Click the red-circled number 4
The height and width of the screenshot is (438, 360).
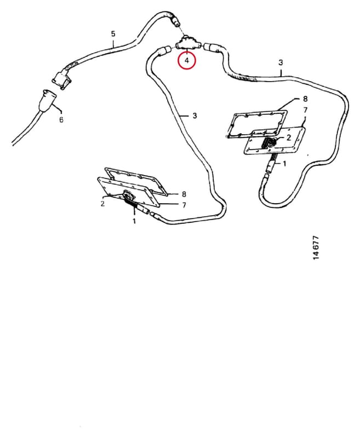(x=187, y=60)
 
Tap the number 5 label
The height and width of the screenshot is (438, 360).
(x=113, y=34)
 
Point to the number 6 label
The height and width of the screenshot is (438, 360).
(x=61, y=119)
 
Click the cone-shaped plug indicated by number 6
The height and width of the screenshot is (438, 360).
(x=47, y=101)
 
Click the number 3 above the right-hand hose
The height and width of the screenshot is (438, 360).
(x=281, y=62)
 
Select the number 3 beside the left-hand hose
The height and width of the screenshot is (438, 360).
(x=195, y=116)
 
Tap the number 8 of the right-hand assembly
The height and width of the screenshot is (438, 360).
(x=305, y=99)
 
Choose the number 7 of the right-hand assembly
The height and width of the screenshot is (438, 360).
(x=305, y=110)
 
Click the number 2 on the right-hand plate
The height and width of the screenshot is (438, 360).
(x=288, y=137)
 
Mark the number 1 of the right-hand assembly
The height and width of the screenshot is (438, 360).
(x=284, y=163)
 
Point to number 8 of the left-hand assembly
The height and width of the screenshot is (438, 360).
(x=184, y=194)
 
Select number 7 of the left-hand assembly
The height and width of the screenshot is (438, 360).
(x=184, y=205)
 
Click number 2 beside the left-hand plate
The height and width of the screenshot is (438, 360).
(x=102, y=203)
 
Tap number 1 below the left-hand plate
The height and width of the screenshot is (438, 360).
(x=134, y=221)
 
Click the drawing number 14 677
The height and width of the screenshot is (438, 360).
(x=316, y=248)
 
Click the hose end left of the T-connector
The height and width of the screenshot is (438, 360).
(x=164, y=50)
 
